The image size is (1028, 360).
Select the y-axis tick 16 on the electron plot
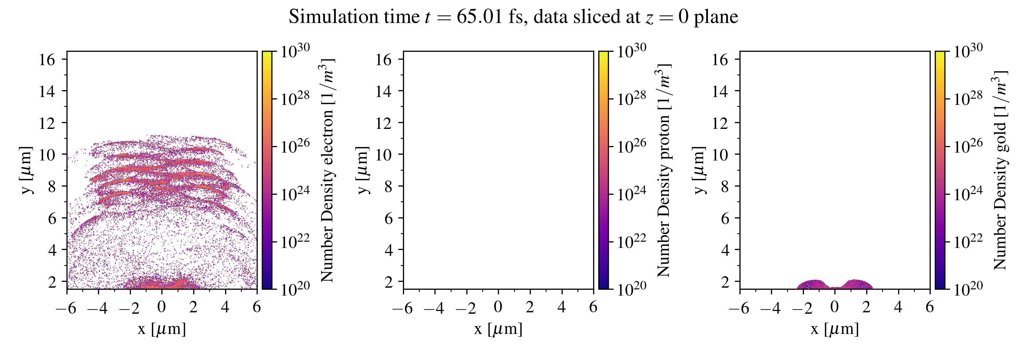click(x=47, y=59)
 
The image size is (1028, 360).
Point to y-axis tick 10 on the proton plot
click(x=383, y=154)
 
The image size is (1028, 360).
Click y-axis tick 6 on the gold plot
click(x=725, y=218)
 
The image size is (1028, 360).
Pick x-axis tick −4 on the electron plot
click(x=98, y=308)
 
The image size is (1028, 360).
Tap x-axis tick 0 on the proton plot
click(x=498, y=307)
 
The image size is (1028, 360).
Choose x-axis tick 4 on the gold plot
click(x=898, y=307)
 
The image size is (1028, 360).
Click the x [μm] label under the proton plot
click(x=498, y=329)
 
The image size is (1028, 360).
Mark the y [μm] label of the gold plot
click(x=699, y=170)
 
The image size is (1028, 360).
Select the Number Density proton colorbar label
click(x=664, y=170)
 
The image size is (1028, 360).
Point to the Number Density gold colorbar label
click(x=1000, y=170)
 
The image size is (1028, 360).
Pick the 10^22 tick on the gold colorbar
click(x=968, y=242)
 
